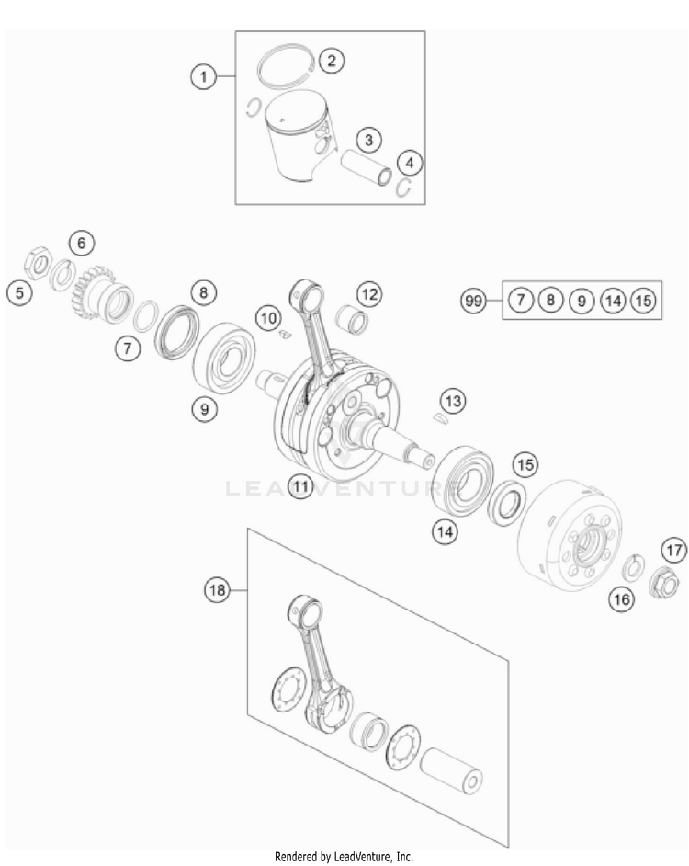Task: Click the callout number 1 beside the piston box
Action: click(x=204, y=76)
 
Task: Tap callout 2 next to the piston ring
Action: click(x=332, y=60)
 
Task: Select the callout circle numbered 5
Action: click(x=20, y=292)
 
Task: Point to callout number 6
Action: click(x=82, y=243)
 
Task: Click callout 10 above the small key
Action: click(x=269, y=318)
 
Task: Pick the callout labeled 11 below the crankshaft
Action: click(x=299, y=486)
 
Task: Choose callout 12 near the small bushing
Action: click(x=369, y=293)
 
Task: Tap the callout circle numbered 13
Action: click(x=453, y=401)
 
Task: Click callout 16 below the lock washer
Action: click(x=622, y=599)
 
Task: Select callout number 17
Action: click(x=674, y=550)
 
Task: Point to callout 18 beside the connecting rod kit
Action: click(x=217, y=590)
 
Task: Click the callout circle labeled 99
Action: click(x=473, y=301)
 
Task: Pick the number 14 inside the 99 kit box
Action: click(x=613, y=301)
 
